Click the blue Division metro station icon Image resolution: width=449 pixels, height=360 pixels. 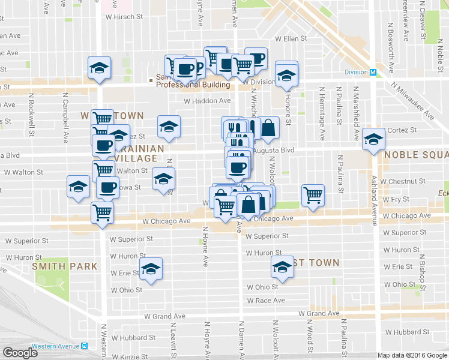pyautogui.click(x=373, y=73)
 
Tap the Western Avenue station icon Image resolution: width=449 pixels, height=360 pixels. pyautogui.click(x=85, y=346)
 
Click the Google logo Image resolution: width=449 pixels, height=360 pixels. pyautogui.click(x=20, y=352)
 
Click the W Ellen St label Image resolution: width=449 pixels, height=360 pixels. pyautogui.click(x=291, y=39)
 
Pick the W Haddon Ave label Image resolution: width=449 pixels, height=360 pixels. pyautogui.click(x=207, y=101)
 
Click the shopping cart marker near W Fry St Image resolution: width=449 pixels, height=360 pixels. pyautogui.click(x=313, y=194)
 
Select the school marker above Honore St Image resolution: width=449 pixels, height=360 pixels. pyautogui.click(x=287, y=75)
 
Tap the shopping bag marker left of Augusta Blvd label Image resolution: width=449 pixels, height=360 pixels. pyautogui.click(x=269, y=127)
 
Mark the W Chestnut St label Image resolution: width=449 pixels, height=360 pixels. pyautogui.click(x=406, y=181)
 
